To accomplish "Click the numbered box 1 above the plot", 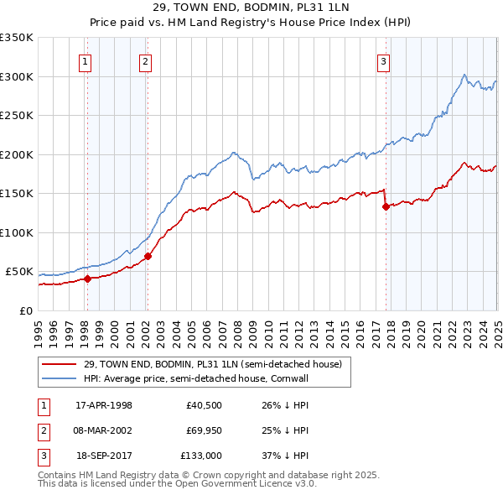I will [x=86, y=60].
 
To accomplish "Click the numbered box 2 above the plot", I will [x=145, y=60].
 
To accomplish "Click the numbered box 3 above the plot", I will [x=383, y=60].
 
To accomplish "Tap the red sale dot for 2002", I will [x=148, y=256].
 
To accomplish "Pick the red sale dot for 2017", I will [x=386, y=206].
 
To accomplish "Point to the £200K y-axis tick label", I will [x=16, y=154].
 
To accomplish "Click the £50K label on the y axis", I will [x=18, y=272].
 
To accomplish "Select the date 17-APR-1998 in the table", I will [x=104, y=405].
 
